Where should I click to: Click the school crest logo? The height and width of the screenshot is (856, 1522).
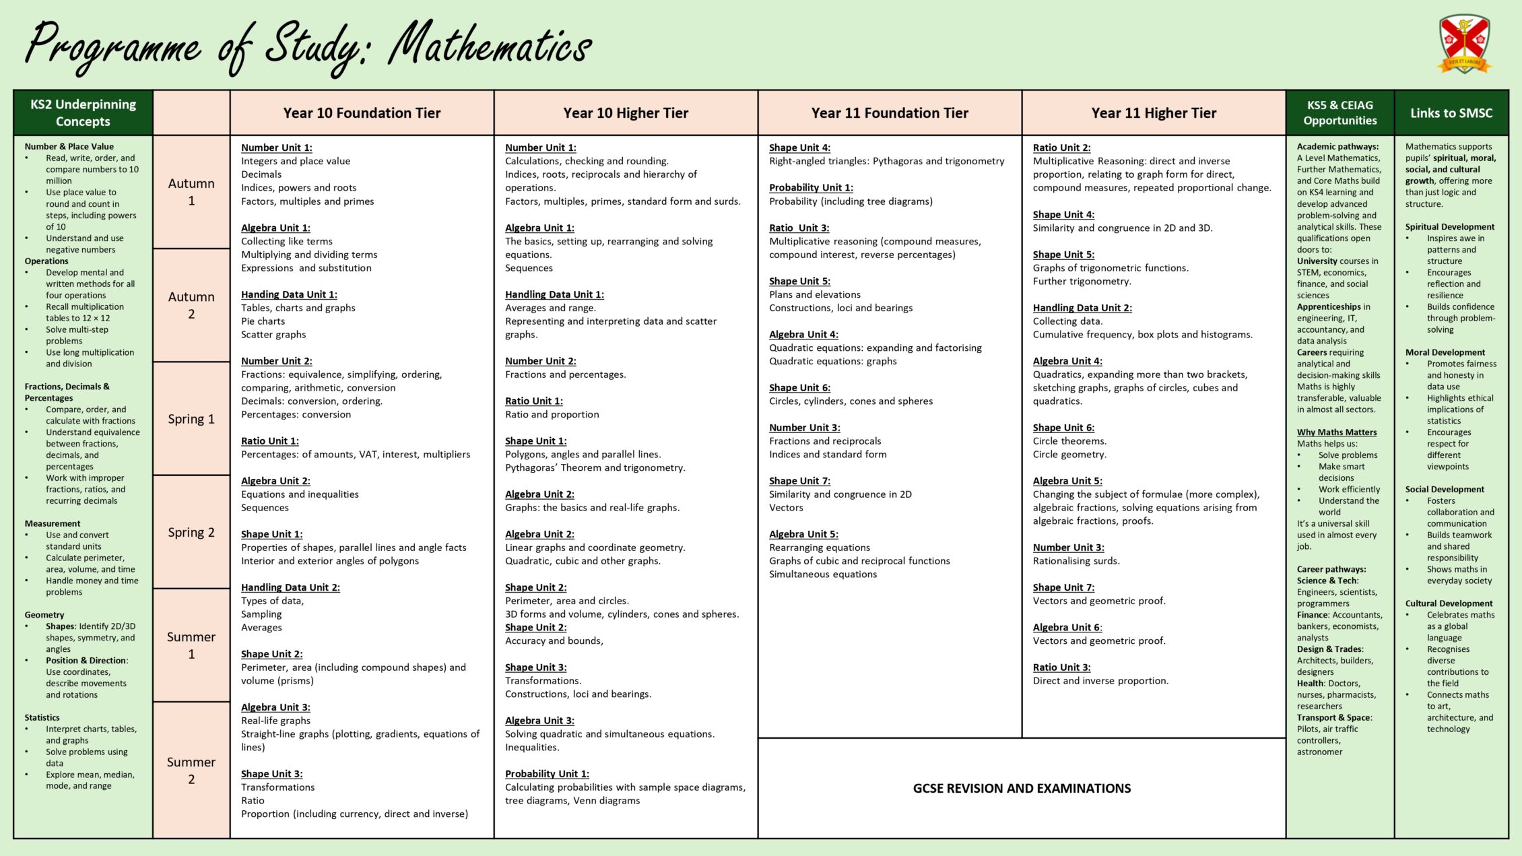click(x=1465, y=44)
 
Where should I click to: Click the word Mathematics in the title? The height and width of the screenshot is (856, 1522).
click(x=490, y=47)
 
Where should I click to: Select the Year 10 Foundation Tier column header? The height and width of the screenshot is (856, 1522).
click(x=362, y=113)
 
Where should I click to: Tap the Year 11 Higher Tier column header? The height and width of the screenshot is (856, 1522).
click(x=1154, y=113)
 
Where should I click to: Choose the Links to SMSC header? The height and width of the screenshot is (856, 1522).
click(x=1451, y=113)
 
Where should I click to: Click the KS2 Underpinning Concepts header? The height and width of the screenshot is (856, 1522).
click(x=83, y=113)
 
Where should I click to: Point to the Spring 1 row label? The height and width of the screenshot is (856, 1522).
click(x=191, y=419)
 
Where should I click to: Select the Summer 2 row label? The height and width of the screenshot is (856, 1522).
click(x=191, y=770)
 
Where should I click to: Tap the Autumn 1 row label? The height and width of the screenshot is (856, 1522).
click(x=191, y=192)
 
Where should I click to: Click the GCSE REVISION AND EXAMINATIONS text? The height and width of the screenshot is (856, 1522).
click(x=1022, y=789)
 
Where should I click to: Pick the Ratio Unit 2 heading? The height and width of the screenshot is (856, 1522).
click(x=1061, y=147)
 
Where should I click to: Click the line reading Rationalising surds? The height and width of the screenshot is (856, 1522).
click(x=1076, y=561)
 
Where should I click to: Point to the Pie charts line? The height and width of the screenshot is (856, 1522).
click(x=263, y=321)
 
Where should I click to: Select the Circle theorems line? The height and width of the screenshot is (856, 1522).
click(x=1069, y=441)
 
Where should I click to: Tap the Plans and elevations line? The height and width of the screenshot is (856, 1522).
click(x=815, y=294)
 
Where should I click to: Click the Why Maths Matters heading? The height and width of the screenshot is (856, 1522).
click(x=1337, y=432)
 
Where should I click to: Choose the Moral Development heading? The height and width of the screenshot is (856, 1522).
click(x=1445, y=352)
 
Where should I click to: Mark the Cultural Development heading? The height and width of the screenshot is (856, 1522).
click(x=1449, y=603)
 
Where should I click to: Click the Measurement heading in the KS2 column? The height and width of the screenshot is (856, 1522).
click(x=53, y=523)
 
